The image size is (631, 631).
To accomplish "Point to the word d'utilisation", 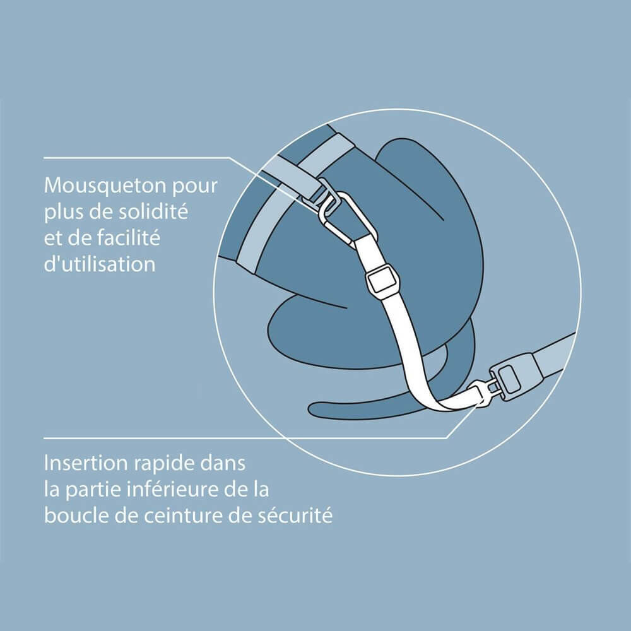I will (x=100, y=264).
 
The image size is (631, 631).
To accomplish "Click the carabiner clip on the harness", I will (x=341, y=215).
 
